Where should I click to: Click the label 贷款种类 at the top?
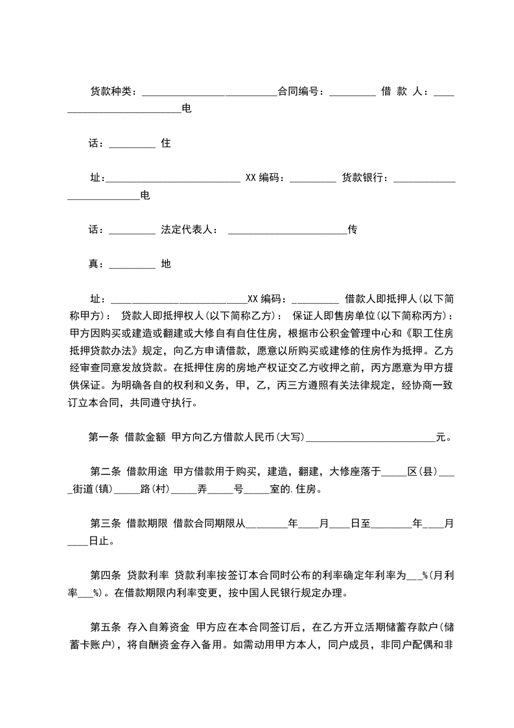click(110, 91)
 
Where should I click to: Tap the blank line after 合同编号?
click(352, 93)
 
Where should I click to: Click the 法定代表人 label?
click(187, 230)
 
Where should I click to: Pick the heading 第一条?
click(104, 437)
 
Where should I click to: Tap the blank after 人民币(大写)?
click(370, 439)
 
